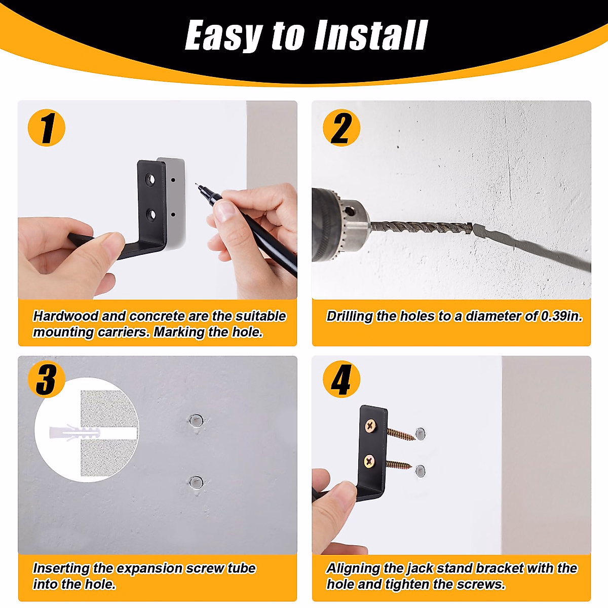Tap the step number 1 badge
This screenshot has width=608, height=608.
(47, 128)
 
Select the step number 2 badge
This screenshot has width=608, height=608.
(341, 128)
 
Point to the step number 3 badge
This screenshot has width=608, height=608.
(47, 379)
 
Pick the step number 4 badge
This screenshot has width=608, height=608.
(341, 379)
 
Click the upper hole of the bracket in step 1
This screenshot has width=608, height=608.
(150, 179)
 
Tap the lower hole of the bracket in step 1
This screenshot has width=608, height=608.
(151, 214)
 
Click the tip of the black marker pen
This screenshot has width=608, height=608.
(197, 184)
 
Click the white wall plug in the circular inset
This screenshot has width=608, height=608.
(75, 432)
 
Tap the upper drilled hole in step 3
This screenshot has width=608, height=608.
(196, 421)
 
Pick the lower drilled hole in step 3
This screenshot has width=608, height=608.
(196, 483)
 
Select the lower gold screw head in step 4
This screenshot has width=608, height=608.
(369, 462)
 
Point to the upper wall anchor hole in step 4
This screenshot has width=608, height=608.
(420, 434)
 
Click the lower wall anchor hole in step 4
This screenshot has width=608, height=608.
(420, 471)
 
